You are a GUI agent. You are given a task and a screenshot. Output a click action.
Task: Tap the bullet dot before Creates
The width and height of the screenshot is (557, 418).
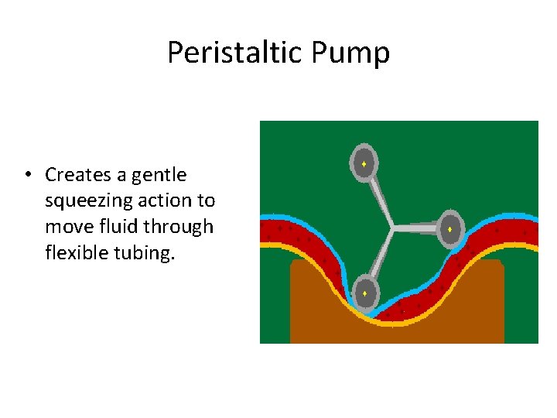click(27, 175)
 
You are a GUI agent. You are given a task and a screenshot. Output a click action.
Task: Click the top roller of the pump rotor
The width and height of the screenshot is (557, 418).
click(363, 164)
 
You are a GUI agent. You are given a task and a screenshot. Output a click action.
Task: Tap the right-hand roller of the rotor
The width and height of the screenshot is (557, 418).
click(449, 229)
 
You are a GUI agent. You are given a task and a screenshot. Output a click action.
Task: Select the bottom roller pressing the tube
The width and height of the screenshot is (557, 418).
click(364, 293)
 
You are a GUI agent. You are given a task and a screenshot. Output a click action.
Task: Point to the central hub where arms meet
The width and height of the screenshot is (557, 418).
click(393, 228)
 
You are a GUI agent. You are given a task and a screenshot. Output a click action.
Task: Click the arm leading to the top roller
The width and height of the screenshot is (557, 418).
click(378, 197)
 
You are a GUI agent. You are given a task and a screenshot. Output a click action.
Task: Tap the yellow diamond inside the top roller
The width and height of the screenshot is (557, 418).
click(363, 164)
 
